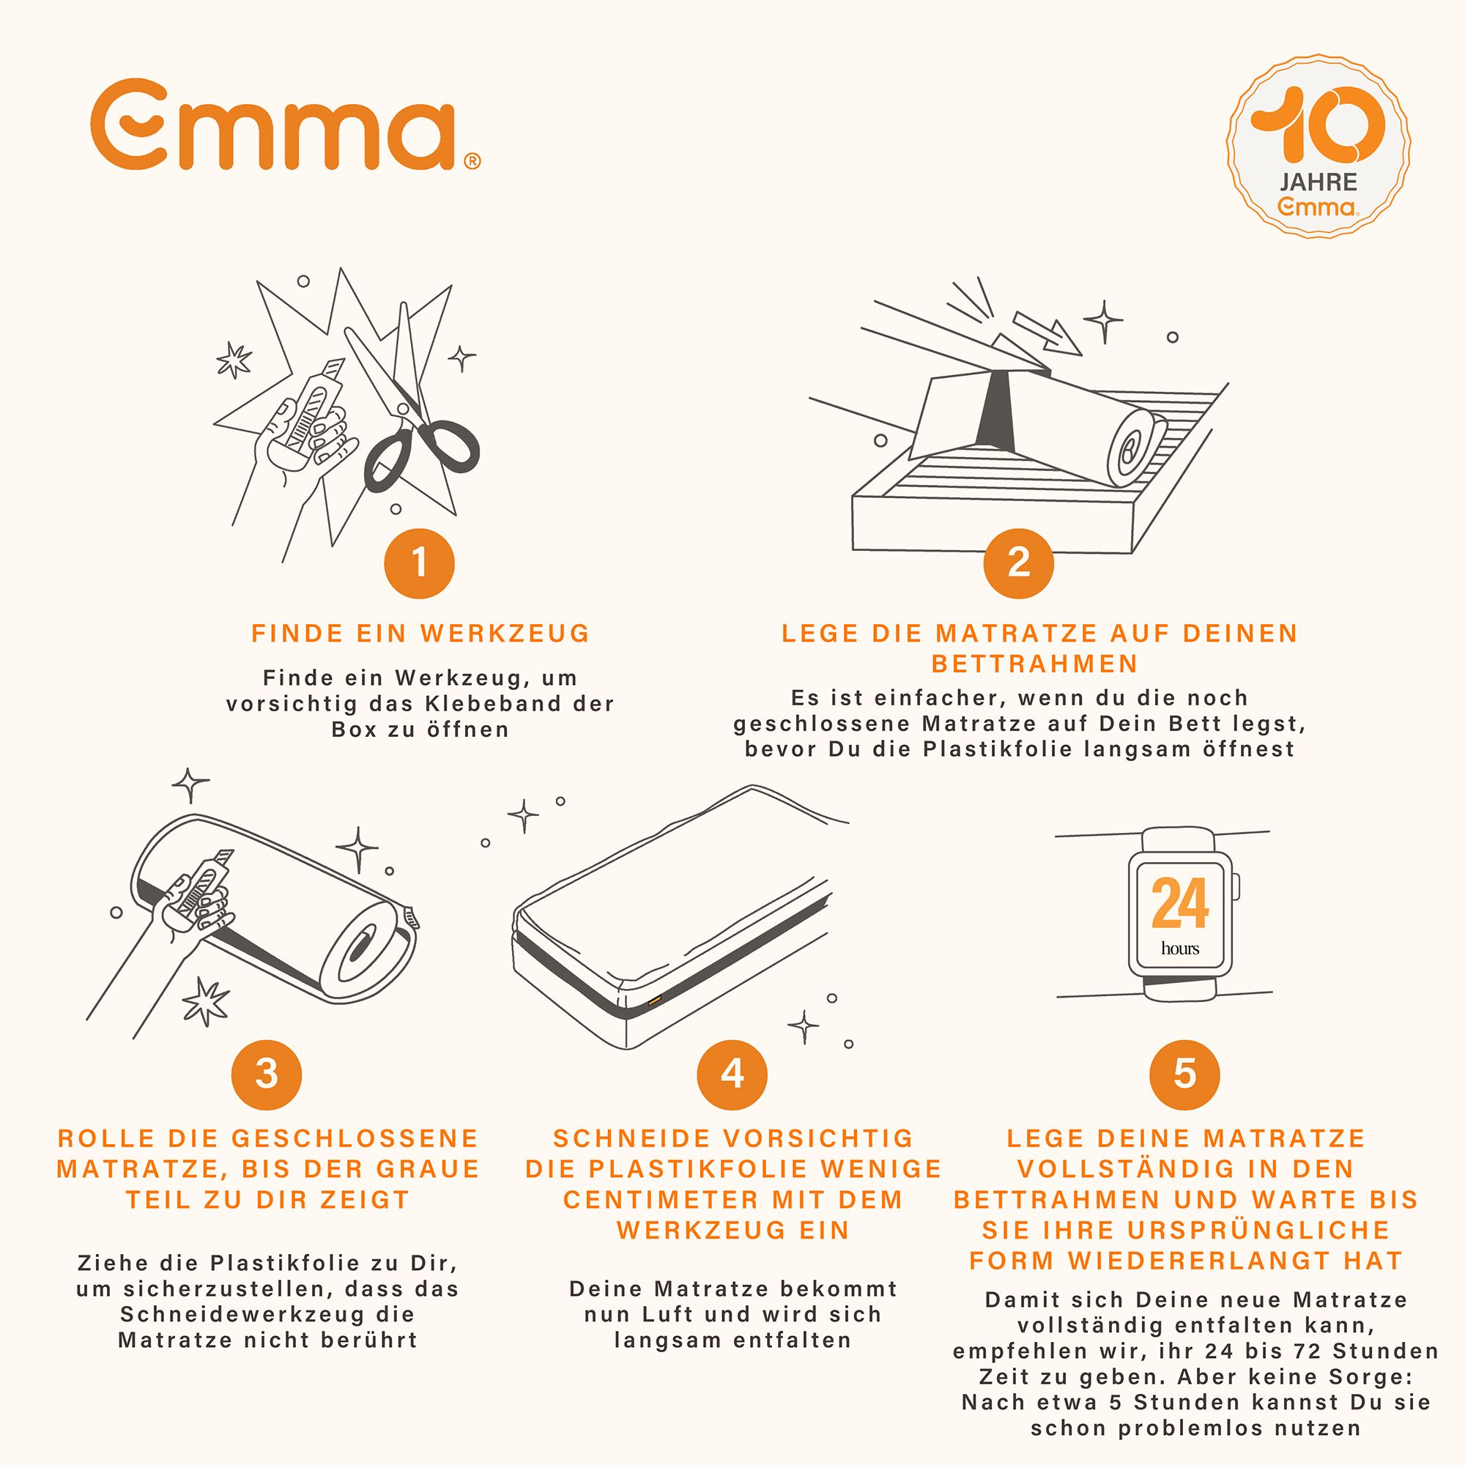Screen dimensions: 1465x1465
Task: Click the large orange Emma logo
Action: (285, 126)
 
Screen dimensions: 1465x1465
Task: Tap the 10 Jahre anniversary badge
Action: (1318, 146)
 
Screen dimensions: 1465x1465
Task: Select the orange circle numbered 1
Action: (419, 563)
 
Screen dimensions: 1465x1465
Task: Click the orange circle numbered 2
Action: (1018, 563)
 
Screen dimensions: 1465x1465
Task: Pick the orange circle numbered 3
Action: (267, 1075)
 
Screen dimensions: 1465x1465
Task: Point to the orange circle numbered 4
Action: (732, 1075)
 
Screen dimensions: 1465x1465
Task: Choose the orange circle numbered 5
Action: (1185, 1075)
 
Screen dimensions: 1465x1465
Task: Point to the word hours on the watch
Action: (1180, 948)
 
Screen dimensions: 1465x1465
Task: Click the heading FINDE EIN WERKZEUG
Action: (421, 634)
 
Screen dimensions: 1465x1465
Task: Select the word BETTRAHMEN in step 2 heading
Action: (1035, 664)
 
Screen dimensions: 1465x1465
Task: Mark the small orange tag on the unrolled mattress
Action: (653, 999)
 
